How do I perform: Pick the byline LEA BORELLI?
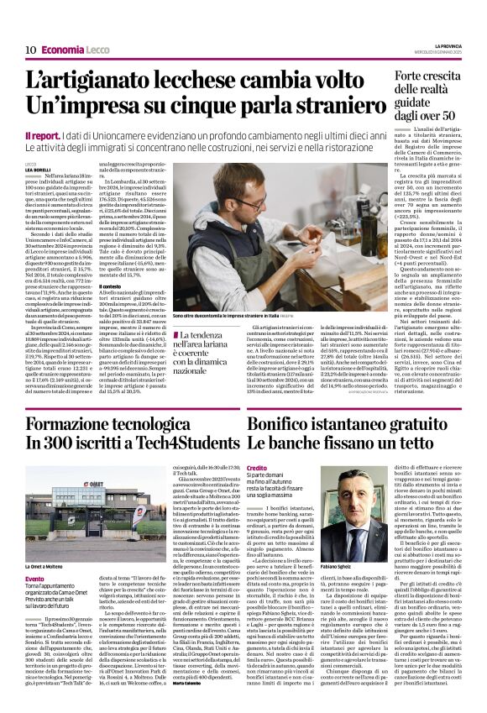point(38,169)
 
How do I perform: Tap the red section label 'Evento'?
point(34,555)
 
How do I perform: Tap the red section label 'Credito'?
point(256,468)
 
